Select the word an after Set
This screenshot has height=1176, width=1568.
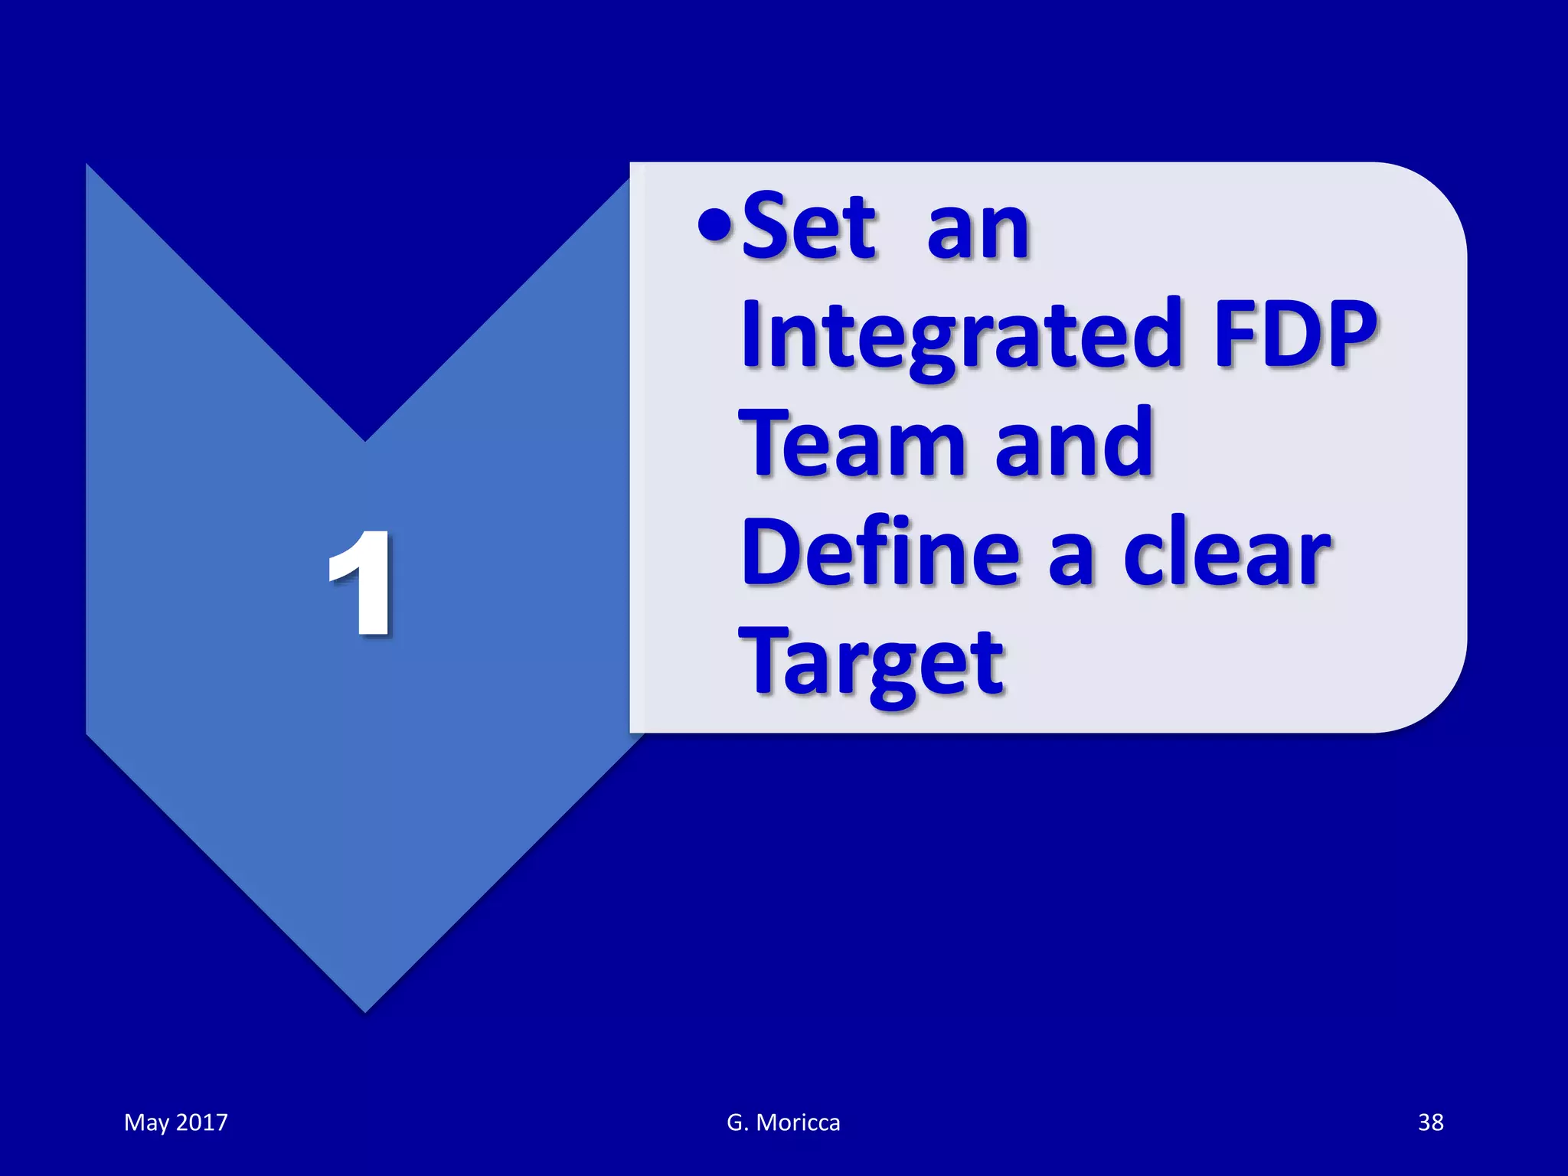click(x=978, y=230)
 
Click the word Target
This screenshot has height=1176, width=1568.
click(x=871, y=662)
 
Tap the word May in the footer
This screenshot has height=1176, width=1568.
click(x=146, y=1122)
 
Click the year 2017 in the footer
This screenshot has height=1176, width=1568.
click(x=202, y=1122)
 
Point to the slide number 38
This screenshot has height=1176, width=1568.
click(x=1430, y=1122)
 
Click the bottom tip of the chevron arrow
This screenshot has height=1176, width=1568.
click(x=365, y=1009)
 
